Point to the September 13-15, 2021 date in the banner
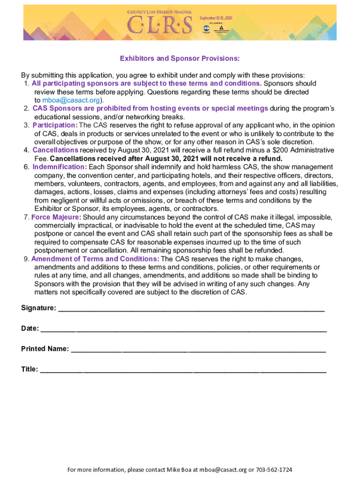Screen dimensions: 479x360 (x=216, y=17)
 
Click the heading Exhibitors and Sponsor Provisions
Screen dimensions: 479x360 (x=180, y=58)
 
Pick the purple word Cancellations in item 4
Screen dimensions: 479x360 (x=55, y=150)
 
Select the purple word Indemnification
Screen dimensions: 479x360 (x=59, y=167)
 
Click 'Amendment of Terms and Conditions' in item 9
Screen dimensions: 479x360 (x=95, y=259)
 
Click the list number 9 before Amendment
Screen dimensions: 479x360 (x=26, y=259)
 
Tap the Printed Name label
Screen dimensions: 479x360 (x=45, y=349)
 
